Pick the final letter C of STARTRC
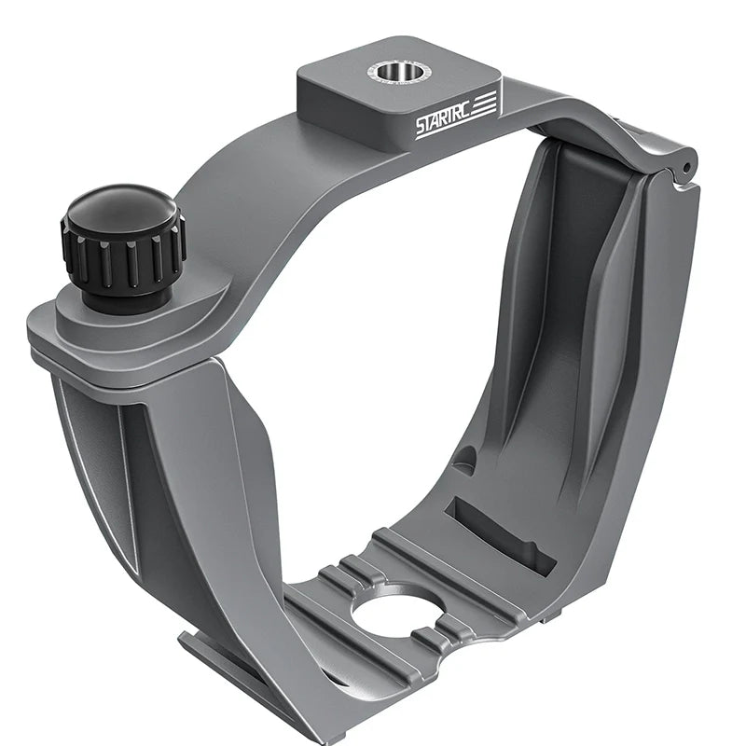coord(471,111)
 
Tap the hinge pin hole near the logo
coord(686,169)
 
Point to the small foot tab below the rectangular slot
coord(550,616)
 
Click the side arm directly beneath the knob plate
coord(140,466)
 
